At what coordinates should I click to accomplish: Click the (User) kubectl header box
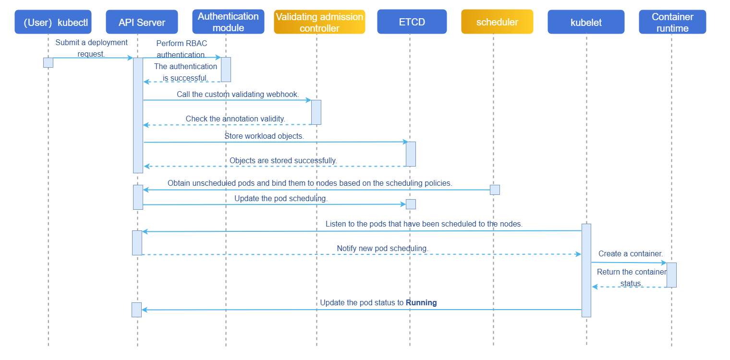[53, 22]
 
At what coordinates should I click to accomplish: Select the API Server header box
[142, 22]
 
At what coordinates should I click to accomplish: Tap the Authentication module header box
[228, 22]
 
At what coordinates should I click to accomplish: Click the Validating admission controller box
[319, 22]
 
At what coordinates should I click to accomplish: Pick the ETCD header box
[412, 22]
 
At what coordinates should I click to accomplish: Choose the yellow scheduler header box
[497, 22]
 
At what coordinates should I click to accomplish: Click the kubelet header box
[586, 22]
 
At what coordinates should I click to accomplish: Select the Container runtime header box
[672, 22]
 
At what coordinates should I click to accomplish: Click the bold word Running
[421, 303]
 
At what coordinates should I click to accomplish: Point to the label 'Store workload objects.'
[264, 136]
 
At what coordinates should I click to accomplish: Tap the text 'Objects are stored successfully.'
[283, 160]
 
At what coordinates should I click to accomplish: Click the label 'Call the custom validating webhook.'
[238, 94]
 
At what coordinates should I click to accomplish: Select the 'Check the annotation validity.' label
[235, 119]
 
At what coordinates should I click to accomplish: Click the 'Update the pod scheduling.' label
[281, 198]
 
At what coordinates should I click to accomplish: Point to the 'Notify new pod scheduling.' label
[382, 248]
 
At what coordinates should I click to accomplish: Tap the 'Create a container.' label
[631, 253]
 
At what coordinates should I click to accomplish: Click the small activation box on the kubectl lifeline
[48, 63]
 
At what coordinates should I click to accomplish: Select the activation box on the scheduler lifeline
[495, 190]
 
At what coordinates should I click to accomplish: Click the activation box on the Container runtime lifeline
[671, 275]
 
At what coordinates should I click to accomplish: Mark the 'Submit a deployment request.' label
[91, 48]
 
